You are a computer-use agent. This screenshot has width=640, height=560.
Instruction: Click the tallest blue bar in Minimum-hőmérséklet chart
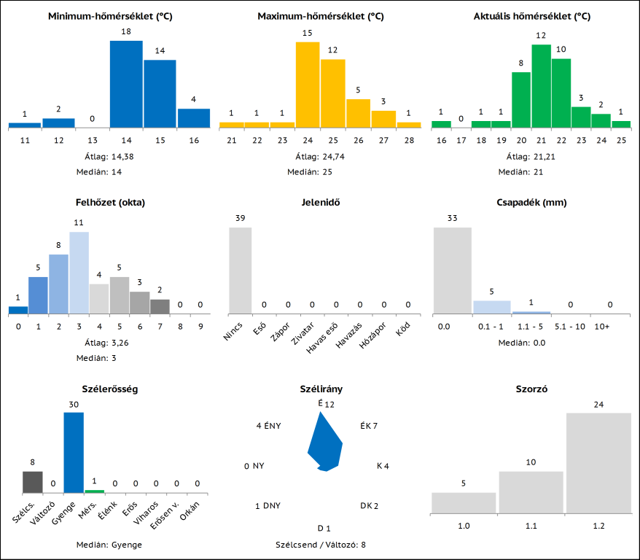point(126,84)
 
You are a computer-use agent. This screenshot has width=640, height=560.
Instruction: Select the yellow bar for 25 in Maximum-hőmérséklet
point(332,93)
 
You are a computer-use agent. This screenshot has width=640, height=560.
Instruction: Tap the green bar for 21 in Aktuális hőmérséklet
point(541,86)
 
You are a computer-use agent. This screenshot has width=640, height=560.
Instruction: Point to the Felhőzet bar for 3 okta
point(79,272)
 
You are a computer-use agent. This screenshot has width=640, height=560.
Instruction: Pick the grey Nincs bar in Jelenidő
point(241,270)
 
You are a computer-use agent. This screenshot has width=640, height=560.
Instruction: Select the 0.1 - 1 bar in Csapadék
point(492,307)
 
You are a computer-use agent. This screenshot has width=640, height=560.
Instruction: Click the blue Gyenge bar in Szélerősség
point(74,452)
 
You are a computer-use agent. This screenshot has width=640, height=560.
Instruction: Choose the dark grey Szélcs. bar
point(32,481)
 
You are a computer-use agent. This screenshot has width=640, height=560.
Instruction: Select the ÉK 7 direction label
point(369,426)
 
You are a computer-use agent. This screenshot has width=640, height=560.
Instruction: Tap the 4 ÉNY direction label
point(269,426)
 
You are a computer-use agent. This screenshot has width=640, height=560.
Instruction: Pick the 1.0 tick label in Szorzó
point(464,525)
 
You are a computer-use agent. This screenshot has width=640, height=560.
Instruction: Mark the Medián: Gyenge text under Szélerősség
point(109,544)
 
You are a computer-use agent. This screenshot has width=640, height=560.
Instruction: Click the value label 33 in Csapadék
point(453,218)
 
